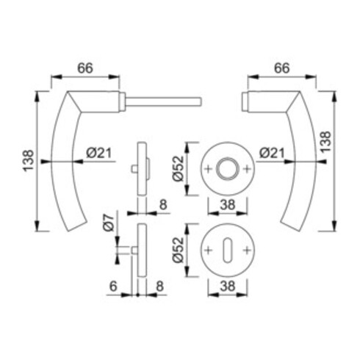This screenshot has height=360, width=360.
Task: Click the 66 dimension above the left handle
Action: tap(85, 68)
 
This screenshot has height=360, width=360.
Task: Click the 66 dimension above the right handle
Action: tap(281, 68)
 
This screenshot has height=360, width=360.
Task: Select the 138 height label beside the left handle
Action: tap(29, 161)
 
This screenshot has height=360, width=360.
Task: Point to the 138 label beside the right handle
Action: tap(326, 143)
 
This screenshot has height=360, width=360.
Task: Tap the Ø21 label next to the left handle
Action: tap(99, 153)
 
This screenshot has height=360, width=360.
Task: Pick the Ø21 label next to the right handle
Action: tap(272, 153)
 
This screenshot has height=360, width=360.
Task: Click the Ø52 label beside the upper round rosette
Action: tap(178, 168)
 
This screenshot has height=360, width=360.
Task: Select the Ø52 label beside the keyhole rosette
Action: tap(178, 250)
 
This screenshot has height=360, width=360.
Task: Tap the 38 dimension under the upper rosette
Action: tap(228, 205)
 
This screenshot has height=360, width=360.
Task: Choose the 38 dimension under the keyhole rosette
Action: tap(228, 286)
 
